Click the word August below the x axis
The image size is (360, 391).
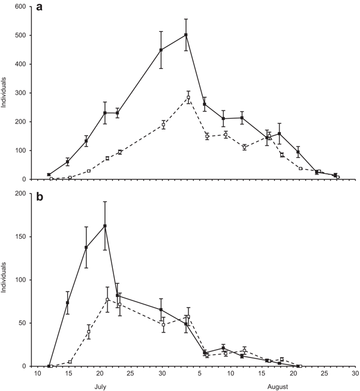(277, 387)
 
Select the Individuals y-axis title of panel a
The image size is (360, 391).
(5, 93)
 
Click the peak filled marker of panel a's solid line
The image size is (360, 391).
(186, 35)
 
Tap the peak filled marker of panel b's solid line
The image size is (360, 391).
(106, 226)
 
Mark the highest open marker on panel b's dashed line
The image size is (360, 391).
(107, 300)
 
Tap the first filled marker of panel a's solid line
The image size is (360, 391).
(49, 175)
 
